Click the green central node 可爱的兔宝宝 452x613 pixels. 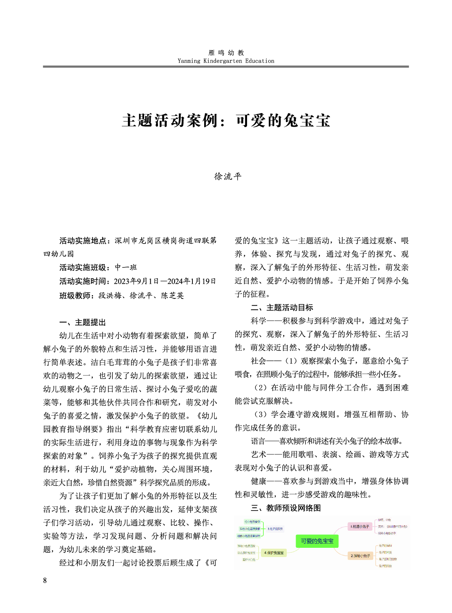pos(317,541)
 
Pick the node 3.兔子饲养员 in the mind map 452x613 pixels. pos(275,528)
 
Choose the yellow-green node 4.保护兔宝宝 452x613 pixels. pos(274,553)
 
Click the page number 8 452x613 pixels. pos(45,580)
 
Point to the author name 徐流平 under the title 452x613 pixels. pos(228,176)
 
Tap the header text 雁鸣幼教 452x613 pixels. pos(226,53)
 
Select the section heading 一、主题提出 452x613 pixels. pos(82,322)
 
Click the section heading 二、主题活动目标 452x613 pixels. pos(282,308)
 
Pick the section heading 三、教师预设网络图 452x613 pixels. pos(286,508)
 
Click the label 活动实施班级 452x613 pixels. pos(82,267)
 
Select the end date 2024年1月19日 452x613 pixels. pos(192,281)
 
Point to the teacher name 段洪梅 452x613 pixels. pos(110,295)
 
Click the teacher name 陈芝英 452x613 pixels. pos(173,295)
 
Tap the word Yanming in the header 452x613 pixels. pos(189,61)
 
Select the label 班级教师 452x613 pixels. pos(75,295)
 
